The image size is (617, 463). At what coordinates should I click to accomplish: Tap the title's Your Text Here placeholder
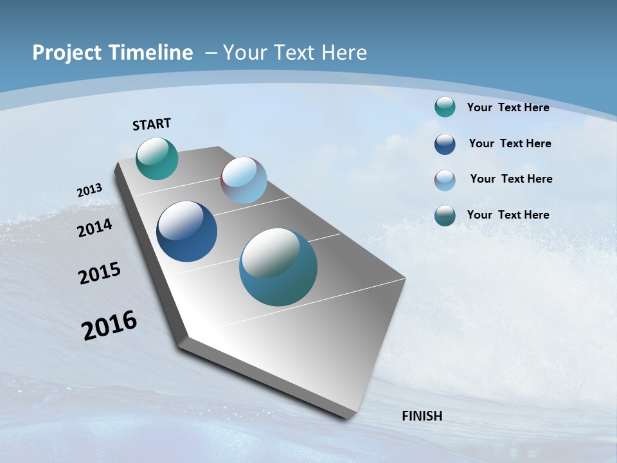295,53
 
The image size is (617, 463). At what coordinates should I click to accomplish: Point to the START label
152,124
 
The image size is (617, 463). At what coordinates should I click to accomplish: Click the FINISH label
422,416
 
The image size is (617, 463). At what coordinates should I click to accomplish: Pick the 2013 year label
90,190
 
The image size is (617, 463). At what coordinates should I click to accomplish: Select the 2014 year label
95,228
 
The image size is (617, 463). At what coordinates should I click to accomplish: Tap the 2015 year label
100,273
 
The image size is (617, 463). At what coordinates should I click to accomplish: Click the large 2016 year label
109,325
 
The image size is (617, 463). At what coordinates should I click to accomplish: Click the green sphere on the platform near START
157,158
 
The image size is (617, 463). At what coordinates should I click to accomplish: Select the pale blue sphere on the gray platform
244,180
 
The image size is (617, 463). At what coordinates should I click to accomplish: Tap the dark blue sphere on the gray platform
186,232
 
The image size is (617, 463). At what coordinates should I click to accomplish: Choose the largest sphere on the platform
278,267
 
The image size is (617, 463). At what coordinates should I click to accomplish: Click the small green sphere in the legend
445,107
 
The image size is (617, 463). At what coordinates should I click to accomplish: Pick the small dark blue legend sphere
445,144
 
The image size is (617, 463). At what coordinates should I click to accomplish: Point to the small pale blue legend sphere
445,180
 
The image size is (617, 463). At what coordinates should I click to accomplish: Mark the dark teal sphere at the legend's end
445,215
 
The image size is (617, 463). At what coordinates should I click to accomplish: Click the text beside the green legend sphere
508,107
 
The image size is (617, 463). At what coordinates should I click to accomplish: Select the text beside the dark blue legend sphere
510,143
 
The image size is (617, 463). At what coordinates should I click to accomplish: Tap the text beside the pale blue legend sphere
511,179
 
